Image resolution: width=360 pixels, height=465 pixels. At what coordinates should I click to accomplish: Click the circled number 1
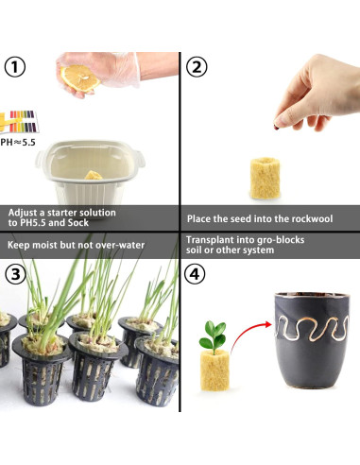click(x=15, y=66)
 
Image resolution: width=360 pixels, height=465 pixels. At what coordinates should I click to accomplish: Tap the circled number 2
click(x=197, y=66)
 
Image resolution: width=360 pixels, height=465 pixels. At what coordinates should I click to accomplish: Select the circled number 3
click(x=15, y=274)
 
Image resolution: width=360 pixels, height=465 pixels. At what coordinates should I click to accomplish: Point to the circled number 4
click(x=195, y=274)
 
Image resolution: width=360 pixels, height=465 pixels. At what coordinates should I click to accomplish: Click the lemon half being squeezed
click(x=79, y=78)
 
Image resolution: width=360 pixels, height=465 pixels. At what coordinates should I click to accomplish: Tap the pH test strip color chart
click(x=20, y=121)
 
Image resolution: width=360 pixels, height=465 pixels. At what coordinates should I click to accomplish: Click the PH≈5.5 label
click(x=18, y=143)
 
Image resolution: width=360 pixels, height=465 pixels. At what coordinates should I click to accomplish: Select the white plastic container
click(x=90, y=172)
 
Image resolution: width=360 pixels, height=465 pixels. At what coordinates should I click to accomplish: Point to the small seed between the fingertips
click(x=276, y=128)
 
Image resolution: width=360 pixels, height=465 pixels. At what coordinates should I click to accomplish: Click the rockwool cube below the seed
click(x=266, y=179)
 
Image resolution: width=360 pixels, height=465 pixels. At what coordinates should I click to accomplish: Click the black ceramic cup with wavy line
click(x=312, y=340)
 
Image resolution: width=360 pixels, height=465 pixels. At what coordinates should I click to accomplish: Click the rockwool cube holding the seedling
click(x=214, y=370)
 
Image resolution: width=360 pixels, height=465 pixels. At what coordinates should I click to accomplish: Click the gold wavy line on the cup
click(x=312, y=329)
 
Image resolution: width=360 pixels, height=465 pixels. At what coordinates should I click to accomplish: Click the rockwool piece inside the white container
click(x=94, y=175)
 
